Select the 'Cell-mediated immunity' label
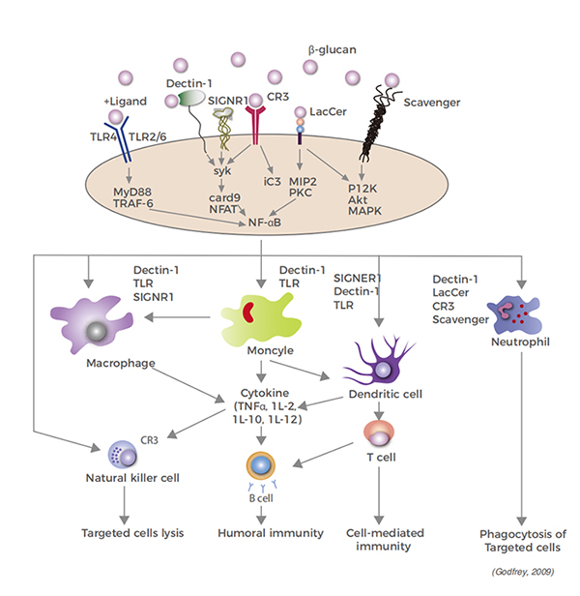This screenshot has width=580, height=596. pos(377,539)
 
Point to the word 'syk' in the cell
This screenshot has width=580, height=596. pos(223,170)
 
